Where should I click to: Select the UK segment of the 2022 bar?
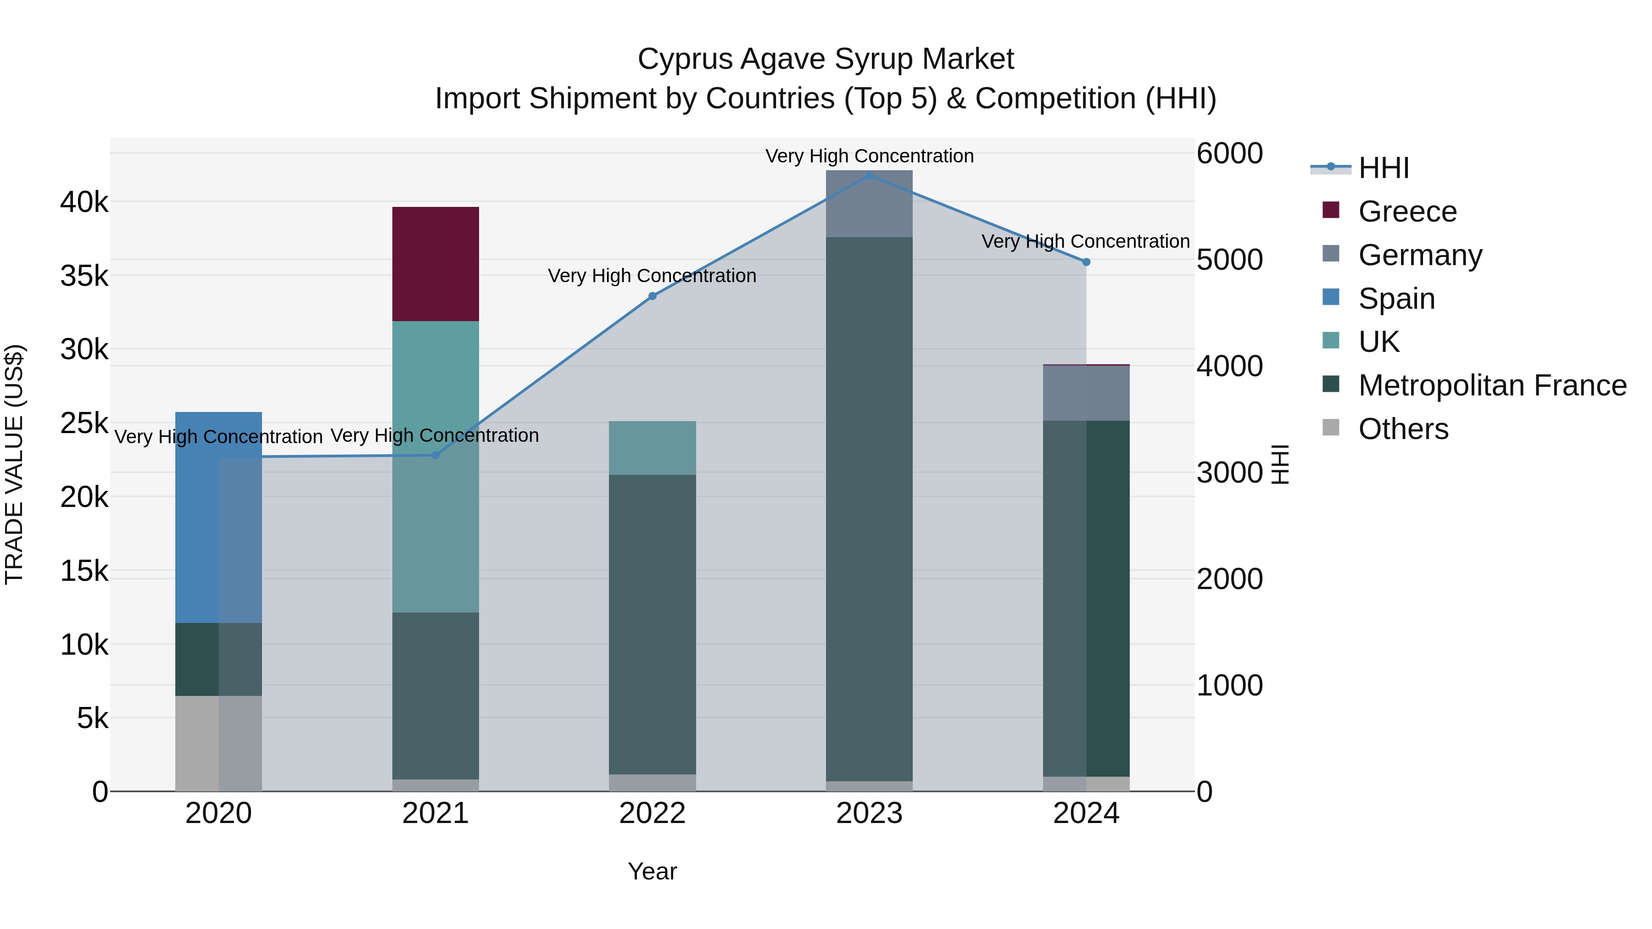coord(652,447)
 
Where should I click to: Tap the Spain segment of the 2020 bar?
coord(218,517)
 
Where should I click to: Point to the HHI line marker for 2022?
coord(652,296)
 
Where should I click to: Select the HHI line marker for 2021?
coord(435,455)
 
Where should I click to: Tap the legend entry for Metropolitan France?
coord(1492,385)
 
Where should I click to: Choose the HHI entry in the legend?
coord(1383,168)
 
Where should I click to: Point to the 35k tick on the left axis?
coord(84,276)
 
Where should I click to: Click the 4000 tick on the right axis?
coord(1229,366)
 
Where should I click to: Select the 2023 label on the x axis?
coord(869,813)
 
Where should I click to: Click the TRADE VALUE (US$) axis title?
coord(14,464)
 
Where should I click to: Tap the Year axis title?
coord(652,871)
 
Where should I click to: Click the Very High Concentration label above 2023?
coord(869,156)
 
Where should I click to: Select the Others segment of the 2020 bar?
coord(218,743)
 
